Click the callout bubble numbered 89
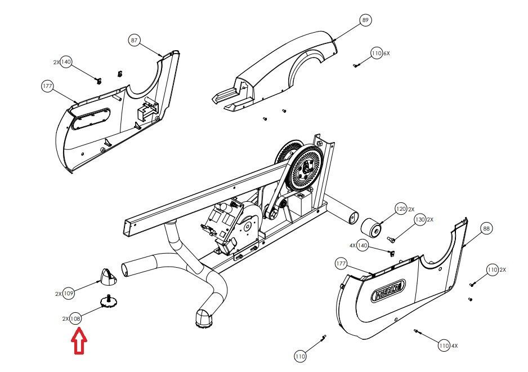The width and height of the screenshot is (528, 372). pyautogui.click(x=365, y=20)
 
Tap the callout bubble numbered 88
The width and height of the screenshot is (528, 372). pyautogui.click(x=486, y=228)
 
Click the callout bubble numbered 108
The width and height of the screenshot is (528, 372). pyautogui.click(x=75, y=318)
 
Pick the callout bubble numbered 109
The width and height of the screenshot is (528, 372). pyautogui.click(x=69, y=294)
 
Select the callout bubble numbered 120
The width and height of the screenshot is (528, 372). pyautogui.click(x=401, y=209)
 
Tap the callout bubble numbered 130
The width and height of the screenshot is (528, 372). pyautogui.click(x=420, y=220)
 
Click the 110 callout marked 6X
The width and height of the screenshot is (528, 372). pyautogui.click(x=377, y=54)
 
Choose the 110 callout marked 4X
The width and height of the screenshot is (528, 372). pyautogui.click(x=444, y=345)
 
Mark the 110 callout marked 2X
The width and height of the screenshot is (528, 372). pyautogui.click(x=493, y=270)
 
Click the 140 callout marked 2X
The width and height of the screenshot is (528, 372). pyautogui.click(x=66, y=62)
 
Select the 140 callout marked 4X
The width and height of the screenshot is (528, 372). pyautogui.click(x=363, y=246)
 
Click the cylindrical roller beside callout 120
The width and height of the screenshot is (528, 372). pyautogui.click(x=372, y=229)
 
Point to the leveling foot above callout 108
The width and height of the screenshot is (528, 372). pyautogui.click(x=107, y=302)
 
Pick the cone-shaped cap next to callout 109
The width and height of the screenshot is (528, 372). pyautogui.click(x=107, y=276)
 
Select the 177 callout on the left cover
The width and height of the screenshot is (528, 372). pyautogui.click(x=47, y=86)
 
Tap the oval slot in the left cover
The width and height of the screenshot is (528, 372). pyautogui.click(x=92, y=116)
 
